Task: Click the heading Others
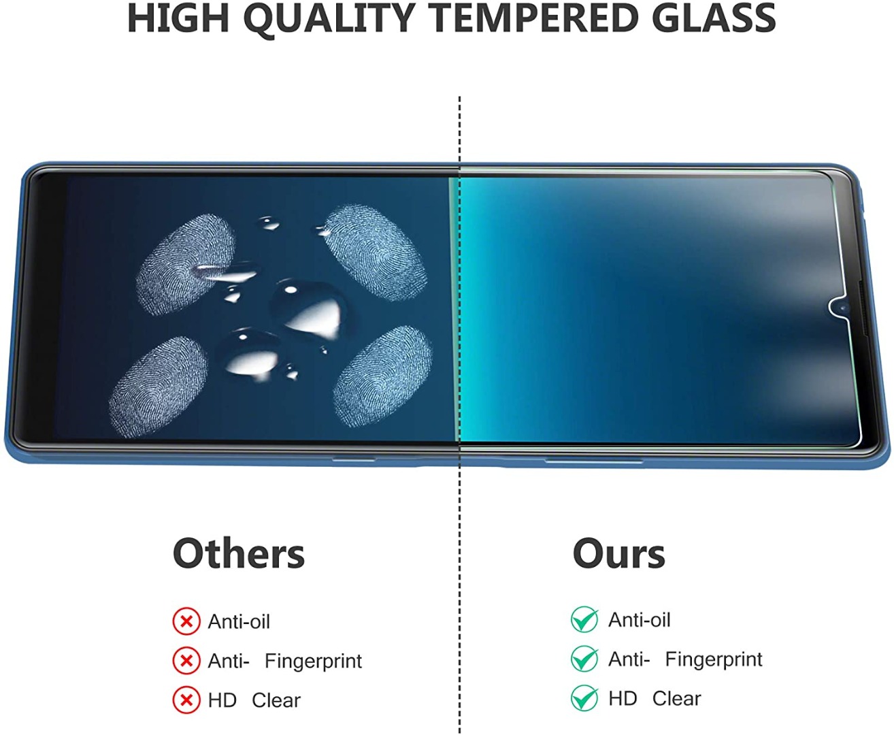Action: (239, 553)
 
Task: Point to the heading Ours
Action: (618, 553)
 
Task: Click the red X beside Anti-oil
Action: (186, 622)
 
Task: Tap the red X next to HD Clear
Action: (186, 700)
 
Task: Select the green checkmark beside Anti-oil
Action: (585, 619)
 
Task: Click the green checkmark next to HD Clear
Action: (585, 698)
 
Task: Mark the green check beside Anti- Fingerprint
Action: (585, 659)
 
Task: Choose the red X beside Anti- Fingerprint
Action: (186, 661)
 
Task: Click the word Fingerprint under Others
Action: (313, 661)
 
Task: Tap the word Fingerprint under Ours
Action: (714, 659)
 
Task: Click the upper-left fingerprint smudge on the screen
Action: (185, 264)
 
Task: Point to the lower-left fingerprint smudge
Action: (158, 387)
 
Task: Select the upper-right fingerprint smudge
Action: (375, 252)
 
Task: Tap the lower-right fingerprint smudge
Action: (383, 376)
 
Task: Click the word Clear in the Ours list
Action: (676, 698)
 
